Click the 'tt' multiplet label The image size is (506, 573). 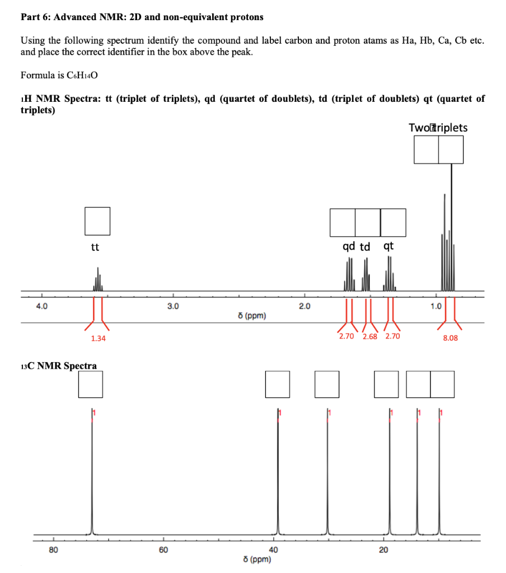coord(95,247)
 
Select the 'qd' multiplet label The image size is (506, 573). coord(348,247)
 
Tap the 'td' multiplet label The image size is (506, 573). coord(365,247)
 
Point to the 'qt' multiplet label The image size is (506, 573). coord(388,247)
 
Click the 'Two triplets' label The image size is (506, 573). coord(438,128)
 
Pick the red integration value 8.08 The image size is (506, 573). coord(450,338)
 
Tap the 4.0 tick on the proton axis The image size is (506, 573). coord(41,306)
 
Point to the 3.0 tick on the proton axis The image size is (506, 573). coord(174,306)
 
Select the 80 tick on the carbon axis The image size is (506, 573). coord(53,550)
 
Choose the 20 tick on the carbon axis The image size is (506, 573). coord(383,550)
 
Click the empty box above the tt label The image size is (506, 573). coord(97,221)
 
